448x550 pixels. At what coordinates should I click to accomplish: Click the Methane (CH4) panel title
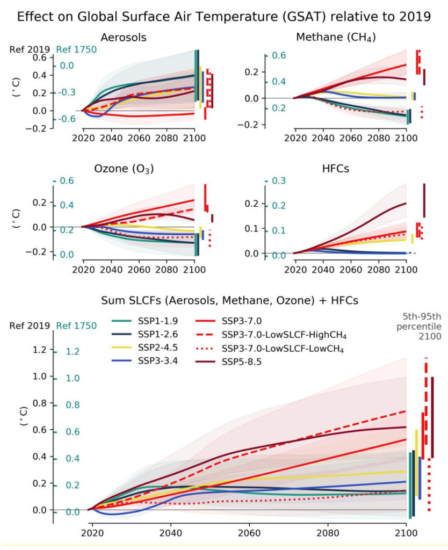(335, 38)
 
